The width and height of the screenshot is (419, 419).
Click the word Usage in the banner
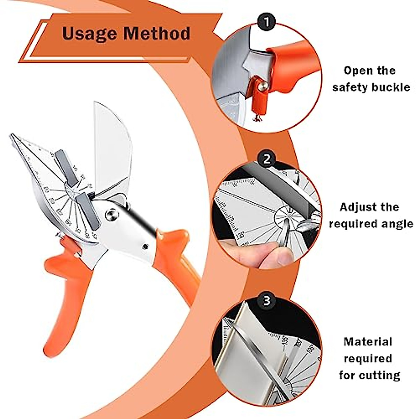89,34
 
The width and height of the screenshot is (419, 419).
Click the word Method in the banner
157,34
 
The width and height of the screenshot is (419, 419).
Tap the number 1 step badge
267,22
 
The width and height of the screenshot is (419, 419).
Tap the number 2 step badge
267,159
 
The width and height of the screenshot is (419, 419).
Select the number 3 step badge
267,300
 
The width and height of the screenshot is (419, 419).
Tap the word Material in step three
368,341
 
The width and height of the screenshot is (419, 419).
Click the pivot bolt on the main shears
112,214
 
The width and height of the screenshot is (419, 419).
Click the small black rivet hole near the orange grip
144,247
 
